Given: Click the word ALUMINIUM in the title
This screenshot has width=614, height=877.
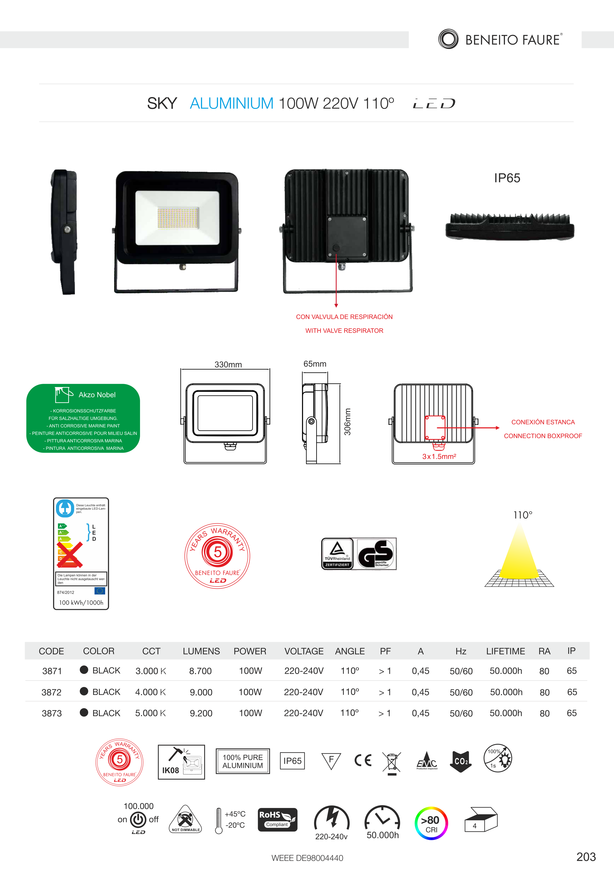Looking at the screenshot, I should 231,103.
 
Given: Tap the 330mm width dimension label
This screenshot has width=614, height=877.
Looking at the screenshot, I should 228,364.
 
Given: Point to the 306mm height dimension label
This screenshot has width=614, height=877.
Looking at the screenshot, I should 347,422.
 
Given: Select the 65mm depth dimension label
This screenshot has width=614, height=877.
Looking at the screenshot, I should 315,364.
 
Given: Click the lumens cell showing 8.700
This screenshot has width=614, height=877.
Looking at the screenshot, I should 200,671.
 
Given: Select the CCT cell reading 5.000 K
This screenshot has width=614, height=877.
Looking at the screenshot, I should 150,713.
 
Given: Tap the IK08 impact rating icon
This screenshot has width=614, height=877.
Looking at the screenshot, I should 181,762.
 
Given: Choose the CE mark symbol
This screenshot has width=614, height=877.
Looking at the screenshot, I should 363,760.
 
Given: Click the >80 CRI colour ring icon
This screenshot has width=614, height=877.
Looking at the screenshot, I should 431,823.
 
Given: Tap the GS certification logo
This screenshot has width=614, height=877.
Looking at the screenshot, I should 376,554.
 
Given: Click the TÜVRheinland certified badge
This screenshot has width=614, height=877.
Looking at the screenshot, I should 337,554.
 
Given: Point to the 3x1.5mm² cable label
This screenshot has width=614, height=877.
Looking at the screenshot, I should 439,457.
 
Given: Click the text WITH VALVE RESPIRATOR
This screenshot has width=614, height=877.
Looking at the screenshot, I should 344,331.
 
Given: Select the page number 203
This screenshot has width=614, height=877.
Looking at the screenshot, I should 586,857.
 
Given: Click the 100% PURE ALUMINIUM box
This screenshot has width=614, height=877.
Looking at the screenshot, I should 243,761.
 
